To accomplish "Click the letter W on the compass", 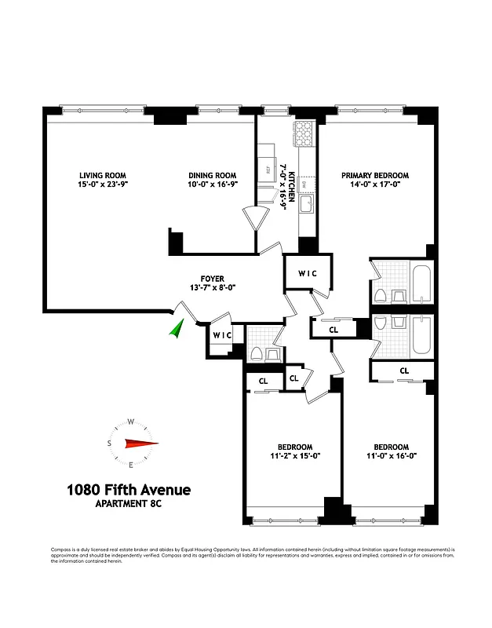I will click(x=131, y=421).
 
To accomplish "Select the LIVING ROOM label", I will click(x=103, y=175).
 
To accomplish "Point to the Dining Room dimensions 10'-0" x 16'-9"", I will click(x=212, y=184).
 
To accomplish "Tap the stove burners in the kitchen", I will click(x=303, y=134).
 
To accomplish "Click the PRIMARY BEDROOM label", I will click(x=380, y=175).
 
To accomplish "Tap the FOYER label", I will click(x=212, y=279).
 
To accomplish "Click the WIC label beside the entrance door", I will click(x=222, y=336).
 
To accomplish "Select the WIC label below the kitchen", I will click(x=307, y=274).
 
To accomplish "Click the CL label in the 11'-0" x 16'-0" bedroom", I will click(x=404, y=370).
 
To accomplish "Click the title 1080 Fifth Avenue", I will click(x=129, y=491).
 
